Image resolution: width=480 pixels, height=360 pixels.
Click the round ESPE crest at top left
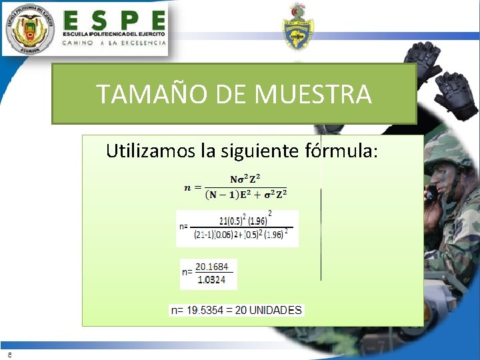click(x=29, y=28)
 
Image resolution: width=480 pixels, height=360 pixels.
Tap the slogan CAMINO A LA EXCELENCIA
click(x=114, y=43)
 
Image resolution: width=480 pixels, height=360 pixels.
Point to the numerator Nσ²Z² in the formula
click(x=245, y=179)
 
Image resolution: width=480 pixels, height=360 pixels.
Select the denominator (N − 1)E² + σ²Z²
click(x=246, y=194)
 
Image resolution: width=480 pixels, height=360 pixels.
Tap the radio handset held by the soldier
click(x=433, y=193)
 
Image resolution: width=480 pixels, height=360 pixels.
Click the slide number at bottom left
click(x=9, y=354)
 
